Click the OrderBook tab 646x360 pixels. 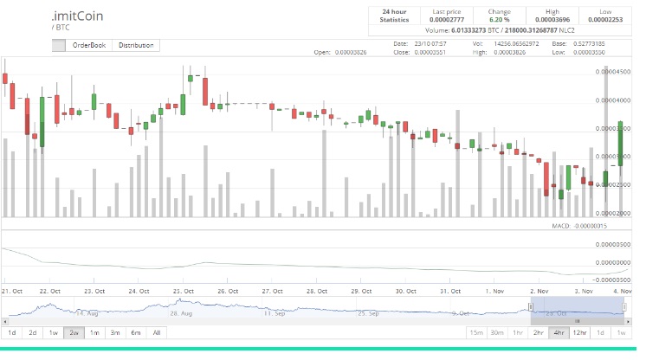(89, 45)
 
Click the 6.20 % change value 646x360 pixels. (500, 18)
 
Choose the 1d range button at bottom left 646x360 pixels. (12, 332)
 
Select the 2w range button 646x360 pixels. (74, 332)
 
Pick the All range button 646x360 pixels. (156, 332)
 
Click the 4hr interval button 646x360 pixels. (559, 332)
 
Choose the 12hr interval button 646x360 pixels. (580, 332)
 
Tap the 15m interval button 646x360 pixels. (475, 332)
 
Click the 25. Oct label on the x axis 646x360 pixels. (181, 291)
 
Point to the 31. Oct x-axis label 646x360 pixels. (449, 291)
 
